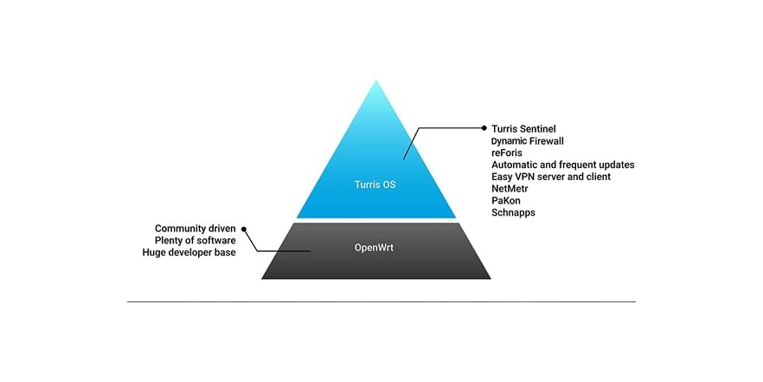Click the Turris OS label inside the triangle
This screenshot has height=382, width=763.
click(x=375, y=185)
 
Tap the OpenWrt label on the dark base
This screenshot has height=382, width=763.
click(x=375, y=248)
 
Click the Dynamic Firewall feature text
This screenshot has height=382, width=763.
click(x=534, y=140)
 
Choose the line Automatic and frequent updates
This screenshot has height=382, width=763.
click(x=562, y=165)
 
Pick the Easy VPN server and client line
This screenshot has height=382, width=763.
click(x=550, y=177)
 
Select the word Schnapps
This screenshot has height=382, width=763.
click(x=513, y=213)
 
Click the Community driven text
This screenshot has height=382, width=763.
click(x=196, y=228)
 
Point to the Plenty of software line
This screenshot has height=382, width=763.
click(x=196, y=240)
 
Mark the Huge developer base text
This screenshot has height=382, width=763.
click(x=189, y=252)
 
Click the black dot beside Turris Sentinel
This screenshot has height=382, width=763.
click(x=484, y=128)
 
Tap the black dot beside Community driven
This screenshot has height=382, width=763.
click(x=244, y=229)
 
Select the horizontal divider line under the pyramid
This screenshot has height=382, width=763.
click(x=381, y=301)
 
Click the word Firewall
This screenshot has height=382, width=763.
click(x=553, y=140)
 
